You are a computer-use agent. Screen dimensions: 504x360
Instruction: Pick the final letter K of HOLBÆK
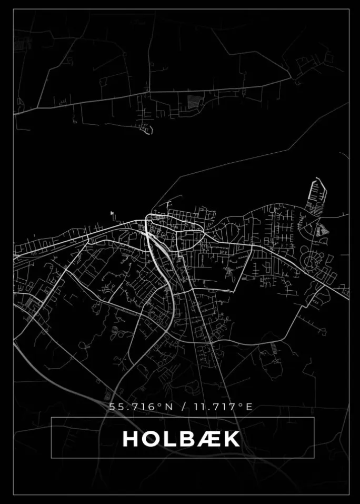click(232, 439)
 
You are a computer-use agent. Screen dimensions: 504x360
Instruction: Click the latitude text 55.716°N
click(133, 407)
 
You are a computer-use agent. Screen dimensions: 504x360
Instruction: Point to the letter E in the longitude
click(249, 407)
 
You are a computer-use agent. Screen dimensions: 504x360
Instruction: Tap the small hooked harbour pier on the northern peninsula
click(148, 129)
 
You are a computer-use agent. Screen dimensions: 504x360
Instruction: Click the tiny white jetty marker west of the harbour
click(112, 213)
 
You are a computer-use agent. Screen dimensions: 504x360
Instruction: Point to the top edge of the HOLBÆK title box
click(182, 418)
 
